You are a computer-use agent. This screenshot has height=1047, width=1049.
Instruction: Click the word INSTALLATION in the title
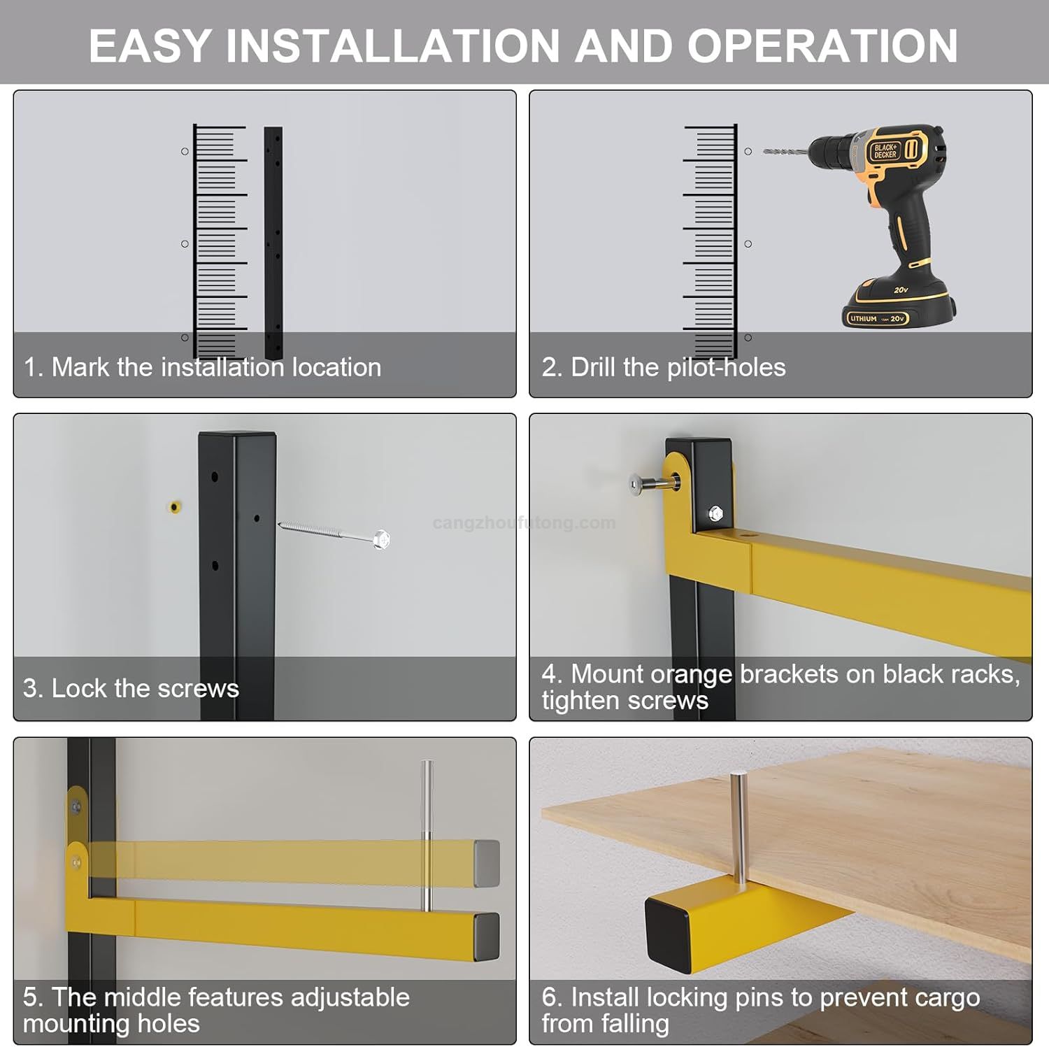pos(392,46)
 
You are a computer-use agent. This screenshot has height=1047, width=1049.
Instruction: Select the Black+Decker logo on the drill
pos(885,151)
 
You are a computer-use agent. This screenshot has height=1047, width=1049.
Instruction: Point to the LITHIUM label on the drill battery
pos(863,319)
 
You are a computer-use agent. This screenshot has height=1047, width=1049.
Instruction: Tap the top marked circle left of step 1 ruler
pos(185,151)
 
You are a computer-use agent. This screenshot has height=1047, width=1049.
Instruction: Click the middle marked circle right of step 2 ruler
pos(748,244)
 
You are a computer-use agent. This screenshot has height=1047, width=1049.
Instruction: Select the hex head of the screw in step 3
pos(381,539)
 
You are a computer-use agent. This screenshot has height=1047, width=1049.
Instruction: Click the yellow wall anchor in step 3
pos(174,506)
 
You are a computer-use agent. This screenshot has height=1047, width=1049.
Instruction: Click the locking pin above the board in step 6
pos(738,825)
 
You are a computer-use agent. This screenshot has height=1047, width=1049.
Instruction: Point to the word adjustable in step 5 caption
pos(350,997)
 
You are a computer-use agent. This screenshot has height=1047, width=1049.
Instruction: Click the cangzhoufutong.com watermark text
pos(524,523)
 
